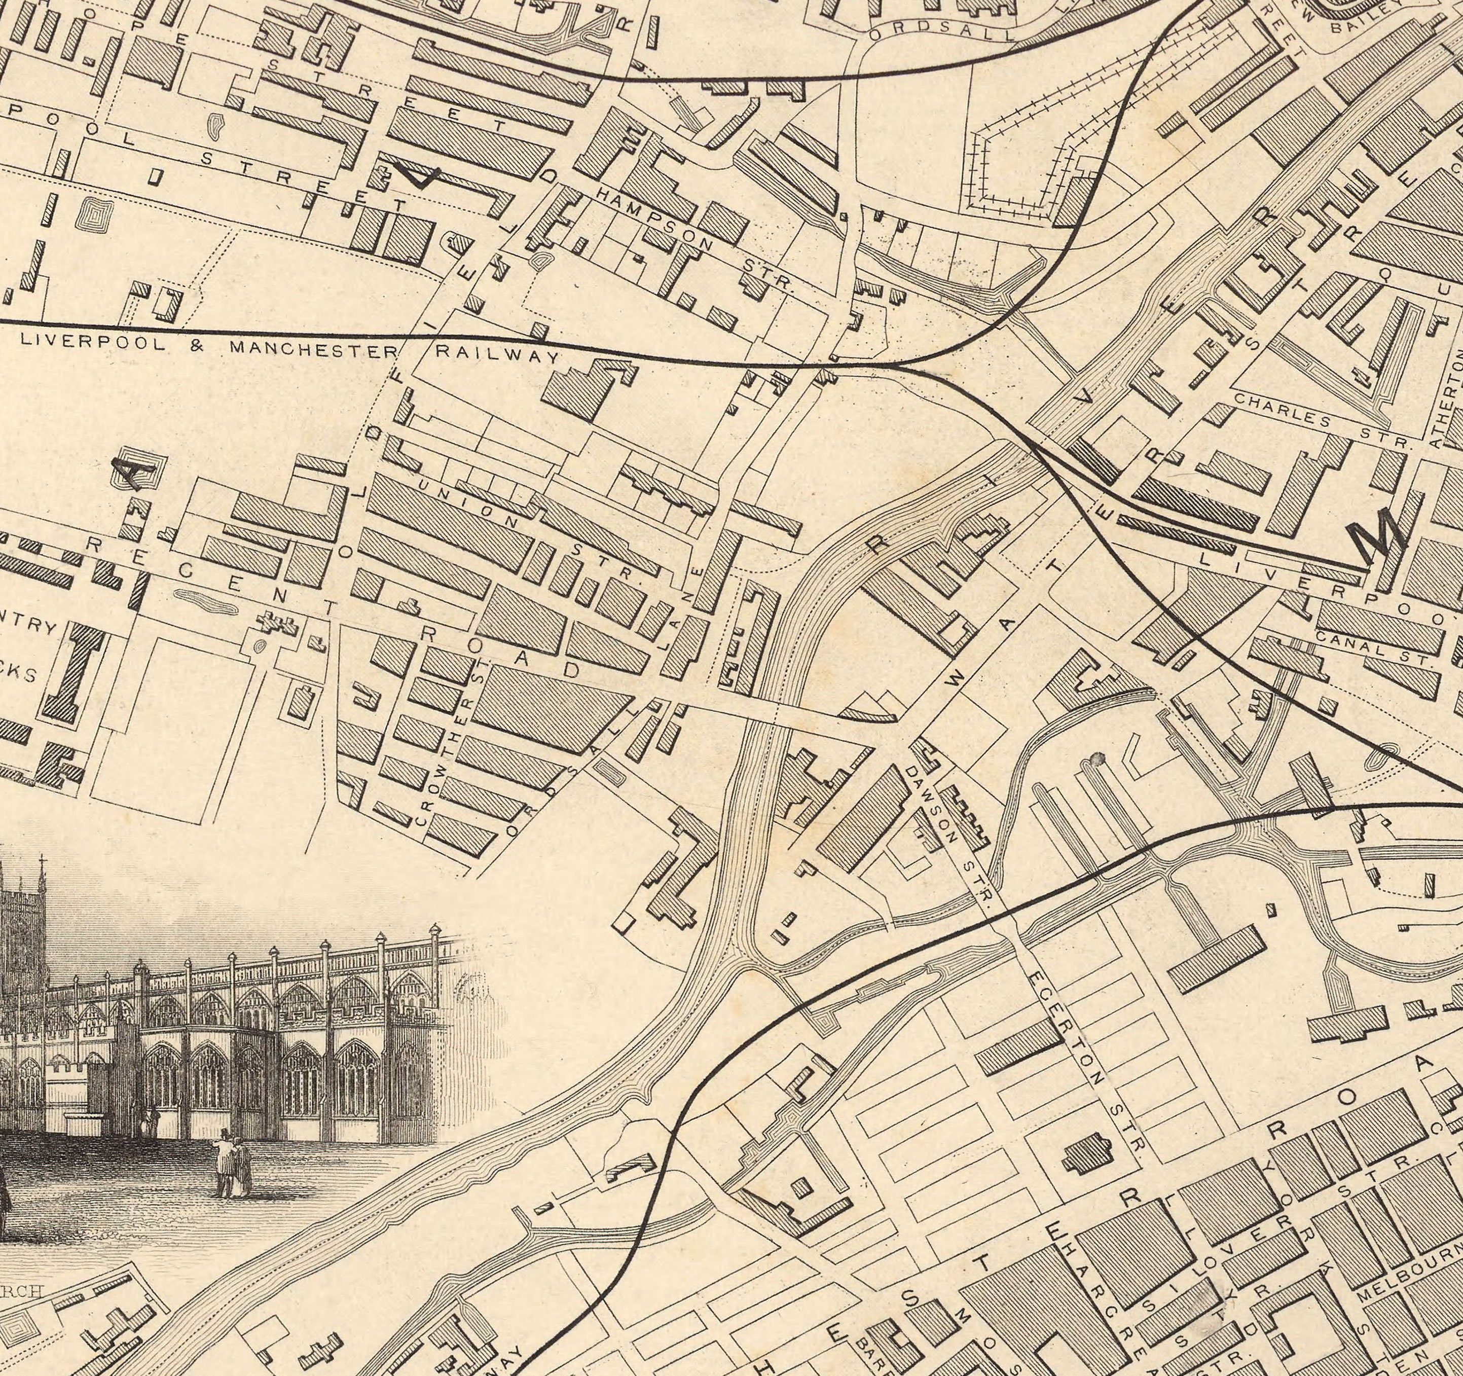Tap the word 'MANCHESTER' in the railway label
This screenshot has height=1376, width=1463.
click(313, 348)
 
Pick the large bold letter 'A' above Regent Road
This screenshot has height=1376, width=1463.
click(140, 469)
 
